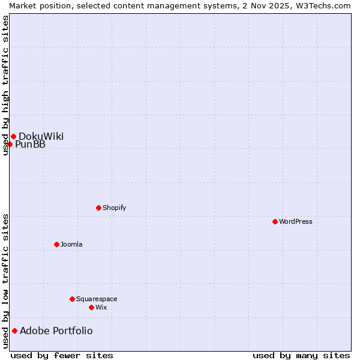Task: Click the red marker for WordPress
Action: [275, 221]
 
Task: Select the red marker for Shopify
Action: [98, 208]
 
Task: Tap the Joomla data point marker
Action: [56, 244]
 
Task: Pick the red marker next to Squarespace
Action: [72, 299]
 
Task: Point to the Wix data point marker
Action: [91, 307]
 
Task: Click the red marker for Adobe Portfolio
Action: [14, 331]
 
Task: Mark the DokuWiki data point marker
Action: [13, 136]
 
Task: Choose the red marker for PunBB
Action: [10, 144]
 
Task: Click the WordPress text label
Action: [296, 221]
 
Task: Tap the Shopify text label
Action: [114, 208]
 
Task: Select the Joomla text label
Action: [71, 244]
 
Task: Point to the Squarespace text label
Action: [97, 299]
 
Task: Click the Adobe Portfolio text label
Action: [56, 331]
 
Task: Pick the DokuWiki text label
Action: [41, 136]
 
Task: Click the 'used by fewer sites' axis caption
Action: [62, 355]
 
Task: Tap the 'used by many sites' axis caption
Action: [301, 355]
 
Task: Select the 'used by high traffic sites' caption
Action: [5, 85]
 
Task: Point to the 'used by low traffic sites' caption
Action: [5, 281]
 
